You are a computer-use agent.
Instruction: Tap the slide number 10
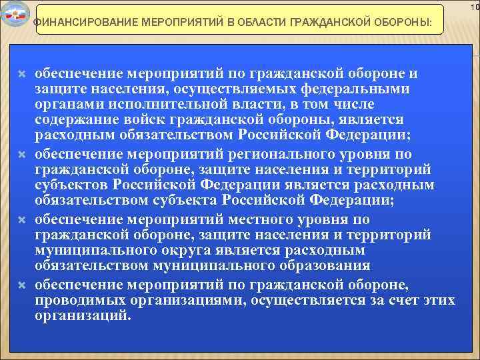tap(473, 7)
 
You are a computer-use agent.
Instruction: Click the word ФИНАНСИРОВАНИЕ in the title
tap(83, 25)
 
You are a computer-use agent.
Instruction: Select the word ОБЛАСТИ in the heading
tap(249, 25)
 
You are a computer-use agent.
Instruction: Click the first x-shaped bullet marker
tap(21, 73)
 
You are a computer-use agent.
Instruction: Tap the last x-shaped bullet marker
tap(21, 285)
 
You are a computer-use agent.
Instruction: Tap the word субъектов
tap(72, 185)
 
